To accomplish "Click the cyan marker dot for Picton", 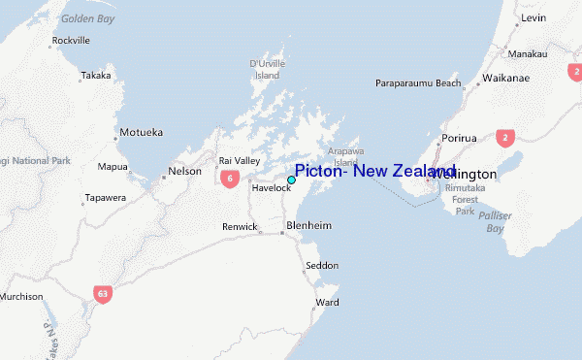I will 291,180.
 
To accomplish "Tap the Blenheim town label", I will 309,225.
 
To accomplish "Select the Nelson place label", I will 184,171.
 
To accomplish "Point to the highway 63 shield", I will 103,291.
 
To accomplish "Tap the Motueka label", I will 141,132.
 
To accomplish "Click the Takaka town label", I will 96,75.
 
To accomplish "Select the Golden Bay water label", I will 87,18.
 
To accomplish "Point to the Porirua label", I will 460,138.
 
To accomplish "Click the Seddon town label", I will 322,265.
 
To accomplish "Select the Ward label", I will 328,302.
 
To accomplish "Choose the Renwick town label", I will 240,226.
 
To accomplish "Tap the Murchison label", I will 21,296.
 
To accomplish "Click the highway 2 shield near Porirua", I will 504,139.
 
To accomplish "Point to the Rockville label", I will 73,40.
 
